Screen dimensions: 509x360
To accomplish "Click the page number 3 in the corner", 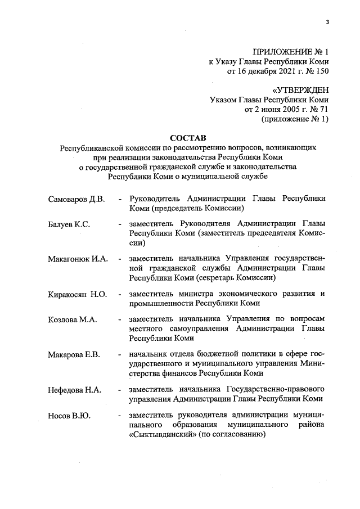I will click(327, 22).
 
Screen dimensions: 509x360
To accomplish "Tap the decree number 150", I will click(321, 71).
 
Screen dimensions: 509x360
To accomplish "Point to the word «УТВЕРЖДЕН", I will click(300, 90).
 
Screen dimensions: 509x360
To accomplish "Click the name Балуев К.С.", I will click(69, 224).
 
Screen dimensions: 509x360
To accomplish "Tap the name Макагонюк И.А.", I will click(77, 259).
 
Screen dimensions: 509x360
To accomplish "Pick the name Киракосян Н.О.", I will click(77, 294).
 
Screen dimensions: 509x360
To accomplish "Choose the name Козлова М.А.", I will click(73, 319).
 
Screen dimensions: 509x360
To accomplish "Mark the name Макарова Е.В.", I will click(74, 354).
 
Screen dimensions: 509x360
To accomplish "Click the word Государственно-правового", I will click(276, 389).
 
